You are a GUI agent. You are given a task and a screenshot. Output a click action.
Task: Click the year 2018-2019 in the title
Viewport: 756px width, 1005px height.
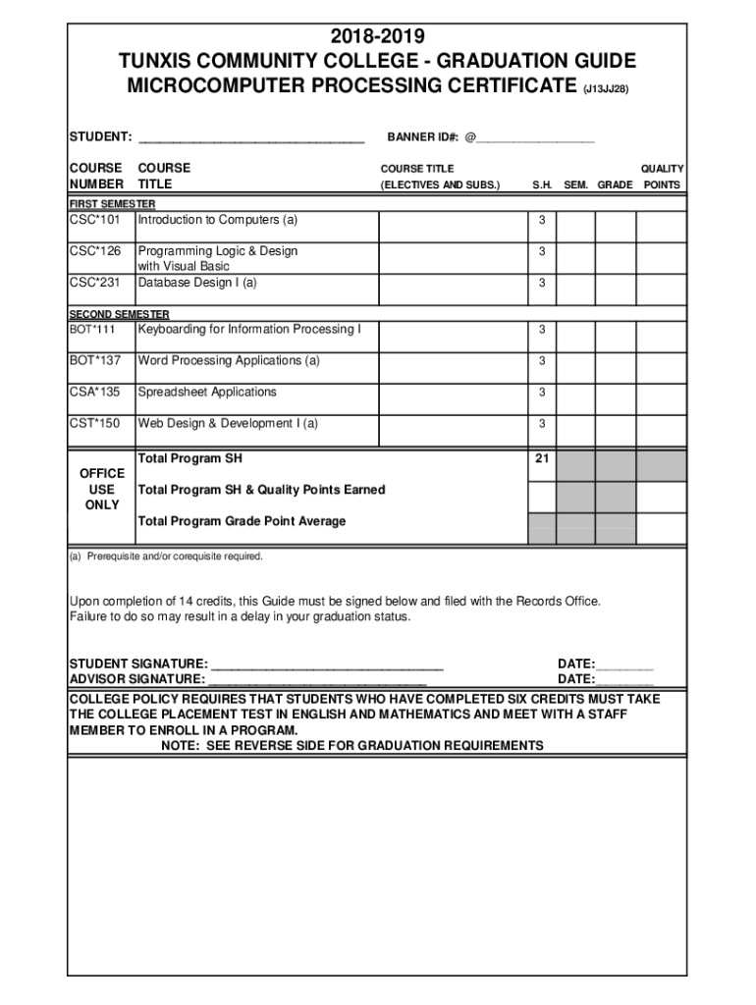378,37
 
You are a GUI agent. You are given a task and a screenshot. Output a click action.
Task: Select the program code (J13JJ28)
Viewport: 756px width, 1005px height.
606,89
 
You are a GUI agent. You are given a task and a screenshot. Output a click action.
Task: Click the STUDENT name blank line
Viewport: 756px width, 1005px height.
251,138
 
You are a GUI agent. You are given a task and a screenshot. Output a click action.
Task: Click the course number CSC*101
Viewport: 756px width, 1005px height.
94,220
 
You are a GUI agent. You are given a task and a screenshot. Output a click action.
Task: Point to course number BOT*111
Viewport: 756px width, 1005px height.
93,330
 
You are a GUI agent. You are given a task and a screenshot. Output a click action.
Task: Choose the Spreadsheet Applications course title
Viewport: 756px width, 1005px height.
207,393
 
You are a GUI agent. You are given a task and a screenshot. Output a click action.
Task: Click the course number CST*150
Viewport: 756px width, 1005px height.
94,424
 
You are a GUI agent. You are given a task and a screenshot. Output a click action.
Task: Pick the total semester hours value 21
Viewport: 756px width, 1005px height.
541,459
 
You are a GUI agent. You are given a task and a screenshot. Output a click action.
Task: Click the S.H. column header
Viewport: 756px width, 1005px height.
542,185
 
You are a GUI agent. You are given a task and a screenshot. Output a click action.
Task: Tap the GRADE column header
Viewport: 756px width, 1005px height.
615,185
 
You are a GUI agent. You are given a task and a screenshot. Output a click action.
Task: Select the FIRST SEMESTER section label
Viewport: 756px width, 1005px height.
112,203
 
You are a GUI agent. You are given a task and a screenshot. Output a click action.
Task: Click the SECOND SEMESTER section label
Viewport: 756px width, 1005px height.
119,314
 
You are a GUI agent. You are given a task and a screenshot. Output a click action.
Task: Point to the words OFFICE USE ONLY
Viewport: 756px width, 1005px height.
102,489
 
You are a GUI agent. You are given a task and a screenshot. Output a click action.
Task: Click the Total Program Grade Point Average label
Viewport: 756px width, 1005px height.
242,521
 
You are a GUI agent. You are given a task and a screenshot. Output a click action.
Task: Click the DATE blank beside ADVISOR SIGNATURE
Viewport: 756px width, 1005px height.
624,679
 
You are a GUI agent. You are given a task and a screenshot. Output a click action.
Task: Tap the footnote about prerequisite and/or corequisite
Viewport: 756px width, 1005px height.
166,556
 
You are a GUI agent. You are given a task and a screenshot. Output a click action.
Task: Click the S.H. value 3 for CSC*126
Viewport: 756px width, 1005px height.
541,252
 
